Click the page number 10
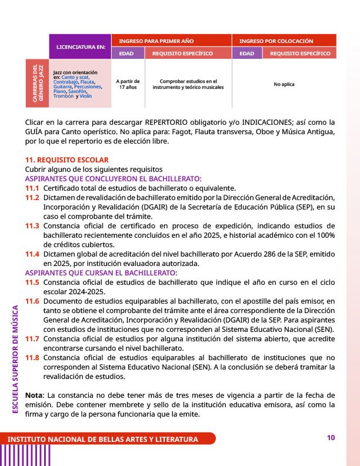click(331, 437)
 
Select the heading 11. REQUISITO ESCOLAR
click(66, 159)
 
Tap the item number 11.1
click(32, 188)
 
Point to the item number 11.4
click(32, 254)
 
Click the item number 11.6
click(32, 301)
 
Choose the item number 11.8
click(32, 357)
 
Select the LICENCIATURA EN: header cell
click(80, 46)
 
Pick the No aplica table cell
click(284, 84)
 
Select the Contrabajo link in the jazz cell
click(65, 82)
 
